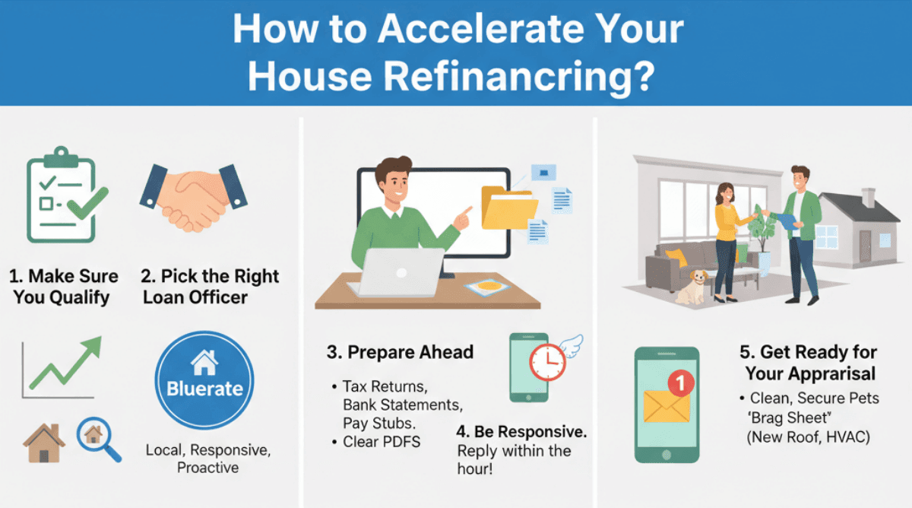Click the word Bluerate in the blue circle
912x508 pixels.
tap(204, 389)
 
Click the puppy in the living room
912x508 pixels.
tap(691, 287)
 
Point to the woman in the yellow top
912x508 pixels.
tap(725, 236)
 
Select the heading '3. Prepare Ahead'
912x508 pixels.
tap(400, 352)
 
